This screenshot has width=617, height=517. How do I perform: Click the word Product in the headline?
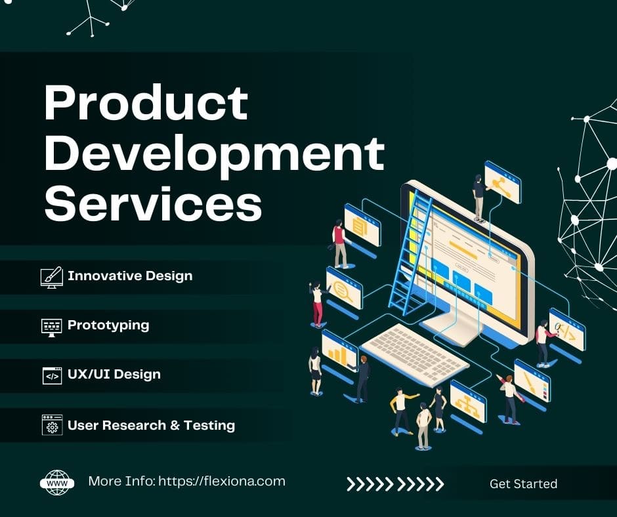[146, 103]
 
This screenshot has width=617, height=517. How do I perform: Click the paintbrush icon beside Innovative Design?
[52, 277]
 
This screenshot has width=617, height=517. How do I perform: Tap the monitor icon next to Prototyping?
[52, 327]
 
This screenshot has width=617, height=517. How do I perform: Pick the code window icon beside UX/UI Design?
[52, 376]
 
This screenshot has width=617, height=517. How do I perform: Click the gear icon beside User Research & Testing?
[53, 425]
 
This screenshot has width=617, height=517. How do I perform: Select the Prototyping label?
[108, 325]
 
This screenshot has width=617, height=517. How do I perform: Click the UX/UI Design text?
[114, 374]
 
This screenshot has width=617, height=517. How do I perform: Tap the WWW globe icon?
[57, 482]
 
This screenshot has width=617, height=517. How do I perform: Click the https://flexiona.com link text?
[222, 481]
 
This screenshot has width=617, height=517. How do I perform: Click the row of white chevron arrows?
[395, 484]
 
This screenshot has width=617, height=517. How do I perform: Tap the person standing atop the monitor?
[479, 199]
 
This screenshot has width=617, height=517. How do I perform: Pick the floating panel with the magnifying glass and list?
[344, 289]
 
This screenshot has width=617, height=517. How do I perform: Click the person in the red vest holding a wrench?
[339, 244]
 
